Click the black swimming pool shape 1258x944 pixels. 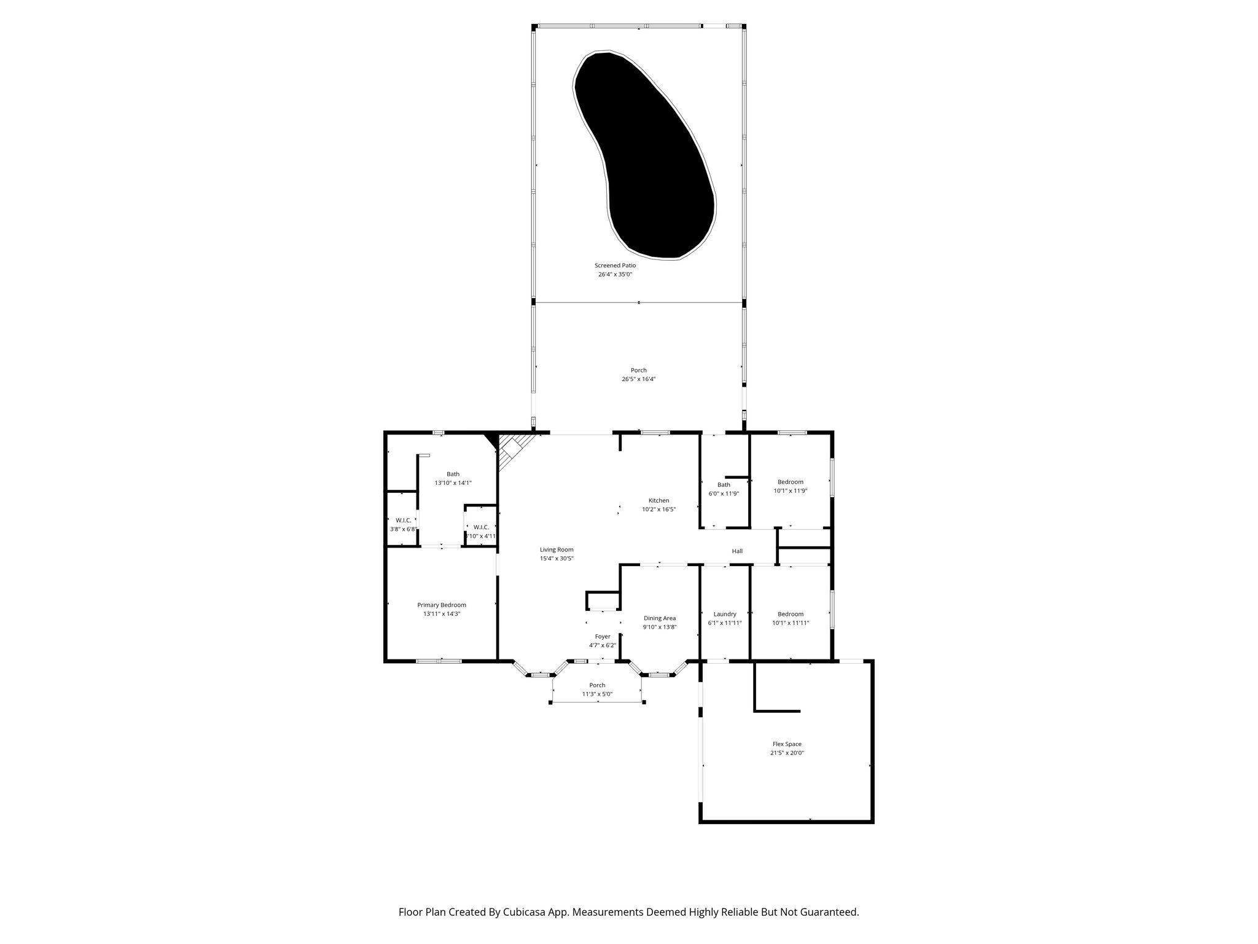click(645, 154)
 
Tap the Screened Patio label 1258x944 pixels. click(615, 265)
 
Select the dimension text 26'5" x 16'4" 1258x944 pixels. click(638, 379)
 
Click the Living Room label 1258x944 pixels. click(557, 550)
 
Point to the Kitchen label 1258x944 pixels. click(658, 500)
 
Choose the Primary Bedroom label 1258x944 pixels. click(441, 605)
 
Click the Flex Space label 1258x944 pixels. click(787, 744)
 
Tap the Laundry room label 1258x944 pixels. click(725, 614)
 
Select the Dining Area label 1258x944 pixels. click(660, 618)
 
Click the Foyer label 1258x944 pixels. click(603, 637)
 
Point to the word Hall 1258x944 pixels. click(737, 551)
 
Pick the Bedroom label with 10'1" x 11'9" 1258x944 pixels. click(790, 482)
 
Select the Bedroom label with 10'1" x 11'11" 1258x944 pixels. click(790, 614)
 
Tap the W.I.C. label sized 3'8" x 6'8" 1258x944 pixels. click(403, 521)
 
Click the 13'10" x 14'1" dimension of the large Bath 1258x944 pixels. click(453, 483)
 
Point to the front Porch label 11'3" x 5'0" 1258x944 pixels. click(597, 685)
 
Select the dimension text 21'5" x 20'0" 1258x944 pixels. click(787, 753)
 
